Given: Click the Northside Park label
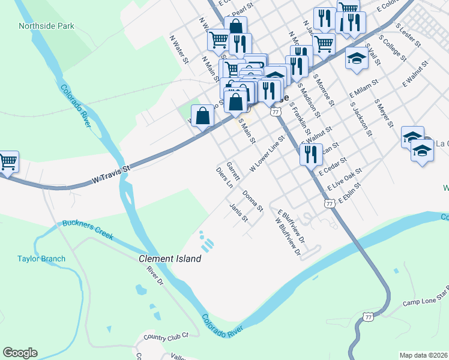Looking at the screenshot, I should (46, 26).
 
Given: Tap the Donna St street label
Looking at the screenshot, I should (253, 201).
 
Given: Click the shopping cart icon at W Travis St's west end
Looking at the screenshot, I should (7, 161).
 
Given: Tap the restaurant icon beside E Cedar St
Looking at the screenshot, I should (311, 154).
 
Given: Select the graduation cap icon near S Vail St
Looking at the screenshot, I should (357, 58).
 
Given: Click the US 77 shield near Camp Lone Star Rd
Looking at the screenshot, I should (367, 316).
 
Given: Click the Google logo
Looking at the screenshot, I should (20, 353).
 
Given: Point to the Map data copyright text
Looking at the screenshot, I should (423, 355).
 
